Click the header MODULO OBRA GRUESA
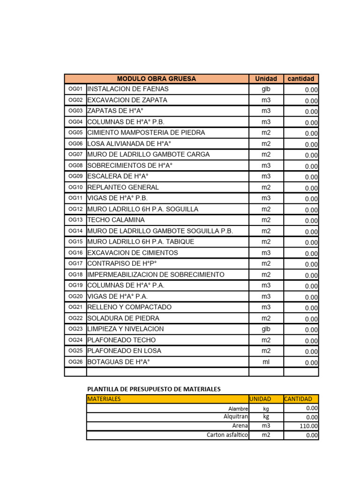pyautogui.click(x=156, y=79)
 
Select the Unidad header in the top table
pyautogui.click(x=266, y=79)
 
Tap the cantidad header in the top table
pyautogui.click(x=301, y=79)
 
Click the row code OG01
pyautogui.click(x=75, y=89)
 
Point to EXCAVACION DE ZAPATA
pyautogui.click(x=127, y=100)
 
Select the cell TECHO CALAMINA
pyautogui.click(x=116, y=220)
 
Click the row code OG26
pyautogui.click(x=75, y=362)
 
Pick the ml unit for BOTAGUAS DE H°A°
pyautogui.click(x=266, y=362)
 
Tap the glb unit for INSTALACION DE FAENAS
pyautogui.click(x=266, y=89)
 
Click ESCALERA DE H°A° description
pyautogui.click(x=118, y=176)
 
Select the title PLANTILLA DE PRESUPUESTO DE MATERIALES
pyautogui.click(x=154, y=389)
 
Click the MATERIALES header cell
pyautogui.click(x=104, y=399)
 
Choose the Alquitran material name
pyautogui.click(x=235, y=417)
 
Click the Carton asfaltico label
pyautogui.click(x=227, y=435)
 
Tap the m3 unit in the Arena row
pyautogui.click(x=266, y=426)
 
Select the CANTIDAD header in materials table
pyautogui.click(x=298, y=399)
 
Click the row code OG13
pyautogui.click(x=75, y=220)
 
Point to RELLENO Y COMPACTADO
pyautogui.click(x=129, y=307)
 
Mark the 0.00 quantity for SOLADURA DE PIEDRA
pyautogui.click(x=311, y=319)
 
